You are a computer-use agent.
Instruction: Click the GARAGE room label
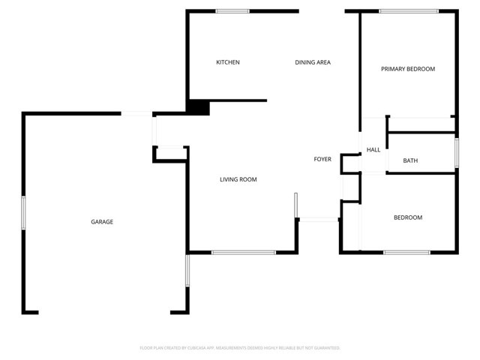102,222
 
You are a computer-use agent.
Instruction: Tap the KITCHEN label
228,62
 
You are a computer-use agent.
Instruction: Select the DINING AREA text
313,62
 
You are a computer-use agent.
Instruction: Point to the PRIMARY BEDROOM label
408,69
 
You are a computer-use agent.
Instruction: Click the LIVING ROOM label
238,179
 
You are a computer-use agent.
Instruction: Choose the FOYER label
322,159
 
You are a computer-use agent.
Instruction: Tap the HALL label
373,150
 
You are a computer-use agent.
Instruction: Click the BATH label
410,160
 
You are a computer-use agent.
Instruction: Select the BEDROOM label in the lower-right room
408,217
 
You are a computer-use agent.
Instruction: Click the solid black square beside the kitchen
198,107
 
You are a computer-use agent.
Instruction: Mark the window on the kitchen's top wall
232,11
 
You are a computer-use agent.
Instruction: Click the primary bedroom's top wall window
409,11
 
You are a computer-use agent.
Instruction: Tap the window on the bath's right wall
456,152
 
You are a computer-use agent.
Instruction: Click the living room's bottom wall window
244,252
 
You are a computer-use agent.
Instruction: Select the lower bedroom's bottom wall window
406,252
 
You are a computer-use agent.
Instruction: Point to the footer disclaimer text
240,348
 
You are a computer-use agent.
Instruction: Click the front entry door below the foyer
319,219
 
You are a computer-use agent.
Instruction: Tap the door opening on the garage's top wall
137,113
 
